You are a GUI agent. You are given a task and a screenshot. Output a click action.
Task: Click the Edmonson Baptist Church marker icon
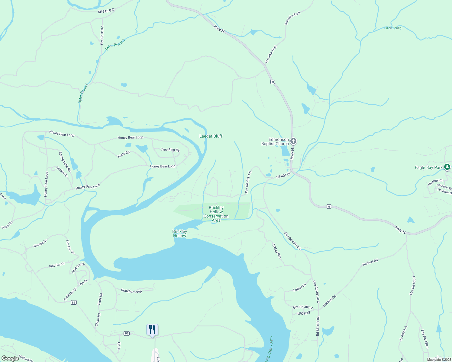[293, 141]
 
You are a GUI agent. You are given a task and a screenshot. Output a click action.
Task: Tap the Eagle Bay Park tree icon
[447, 167]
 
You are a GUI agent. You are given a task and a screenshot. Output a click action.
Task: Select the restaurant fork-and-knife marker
[152, 330]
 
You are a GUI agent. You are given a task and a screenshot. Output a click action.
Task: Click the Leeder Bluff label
[211, 136]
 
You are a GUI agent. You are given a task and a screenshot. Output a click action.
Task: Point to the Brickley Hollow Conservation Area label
[216, 214]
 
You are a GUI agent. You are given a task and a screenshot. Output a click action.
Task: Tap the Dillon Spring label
[393, 28]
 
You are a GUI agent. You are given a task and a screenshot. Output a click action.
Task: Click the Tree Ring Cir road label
[170, 150]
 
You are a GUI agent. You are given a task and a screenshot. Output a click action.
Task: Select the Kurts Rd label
[124, 154]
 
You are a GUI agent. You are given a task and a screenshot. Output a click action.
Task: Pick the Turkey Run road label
[277, 251]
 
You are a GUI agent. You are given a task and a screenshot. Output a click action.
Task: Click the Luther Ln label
[300, 287]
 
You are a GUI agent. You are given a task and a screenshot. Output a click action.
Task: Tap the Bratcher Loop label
[131, 291]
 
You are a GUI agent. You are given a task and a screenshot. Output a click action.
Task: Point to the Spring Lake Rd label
[65, 162]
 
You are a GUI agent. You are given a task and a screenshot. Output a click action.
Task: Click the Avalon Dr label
[62, 172]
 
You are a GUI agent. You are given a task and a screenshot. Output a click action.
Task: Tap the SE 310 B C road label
[106, 11]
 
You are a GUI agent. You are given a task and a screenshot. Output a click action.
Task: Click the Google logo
[10, 358]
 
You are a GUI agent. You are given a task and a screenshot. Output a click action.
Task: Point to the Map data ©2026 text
[439, 360]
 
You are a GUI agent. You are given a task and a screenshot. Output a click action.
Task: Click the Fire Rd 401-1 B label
[248, 182]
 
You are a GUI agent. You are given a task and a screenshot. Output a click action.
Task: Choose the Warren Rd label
[435, 182]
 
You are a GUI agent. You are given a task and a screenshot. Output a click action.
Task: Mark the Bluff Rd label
[100, 299]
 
